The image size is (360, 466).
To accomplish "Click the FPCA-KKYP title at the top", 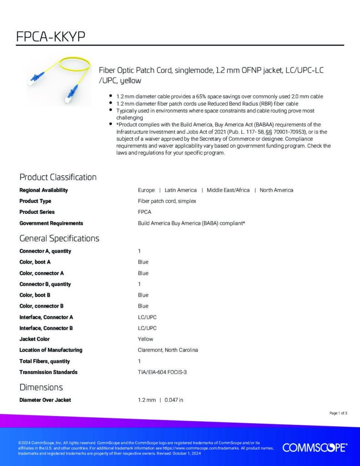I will click(x=51, y=36).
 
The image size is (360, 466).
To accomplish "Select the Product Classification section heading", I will click(x=58, y=177).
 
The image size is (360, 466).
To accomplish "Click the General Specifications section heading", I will click(x=59, y=238).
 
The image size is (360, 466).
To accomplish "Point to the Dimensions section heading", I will click(x=41, y=387).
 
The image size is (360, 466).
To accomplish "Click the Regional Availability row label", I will click(x=44, y=190).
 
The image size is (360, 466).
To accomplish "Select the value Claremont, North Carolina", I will click(x=168, y=350).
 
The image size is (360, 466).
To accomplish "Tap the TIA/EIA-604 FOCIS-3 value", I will click(x=162, y=372).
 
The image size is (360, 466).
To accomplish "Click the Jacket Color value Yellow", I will click(x=146, y=339).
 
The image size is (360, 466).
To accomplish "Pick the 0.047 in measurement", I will click(x=174, y=400).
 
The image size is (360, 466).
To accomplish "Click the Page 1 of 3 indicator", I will click(x=338, y=413).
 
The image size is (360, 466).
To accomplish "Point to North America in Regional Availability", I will click(x=276, y=190).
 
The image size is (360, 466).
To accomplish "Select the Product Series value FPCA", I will click(x=145, y=212).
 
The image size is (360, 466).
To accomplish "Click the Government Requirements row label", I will click(x=51, y=223).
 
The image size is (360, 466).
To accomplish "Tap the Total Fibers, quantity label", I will click(x=45, y=361).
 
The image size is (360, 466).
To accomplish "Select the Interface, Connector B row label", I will click(x=46, y=328).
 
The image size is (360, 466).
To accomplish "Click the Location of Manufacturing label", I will click(x=51, y=350).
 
